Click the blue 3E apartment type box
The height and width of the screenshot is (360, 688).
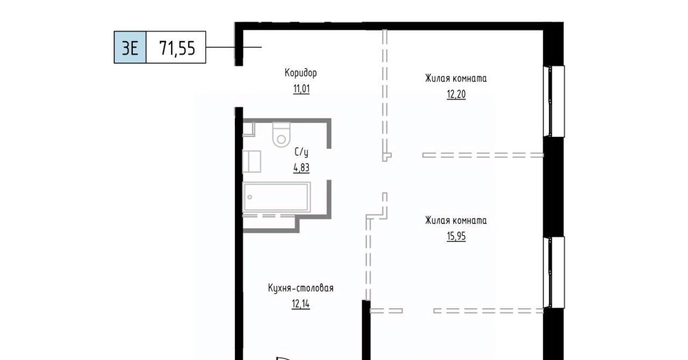[130, 47]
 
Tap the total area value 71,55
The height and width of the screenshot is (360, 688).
[177, 48]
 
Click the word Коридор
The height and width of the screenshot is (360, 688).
[300, 73]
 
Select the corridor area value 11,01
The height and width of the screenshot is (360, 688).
[302, 89]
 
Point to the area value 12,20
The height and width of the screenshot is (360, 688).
[456, 95]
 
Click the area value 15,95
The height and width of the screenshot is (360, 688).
[456, 236]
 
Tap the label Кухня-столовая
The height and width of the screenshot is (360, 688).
[300, 288]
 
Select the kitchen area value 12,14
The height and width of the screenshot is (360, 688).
[300, 304]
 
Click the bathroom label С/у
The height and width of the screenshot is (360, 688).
[302, 153]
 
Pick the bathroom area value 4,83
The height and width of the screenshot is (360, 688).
[302, 168]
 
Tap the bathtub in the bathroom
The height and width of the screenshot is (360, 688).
[276, 197]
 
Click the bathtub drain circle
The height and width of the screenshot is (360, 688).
[250, 197]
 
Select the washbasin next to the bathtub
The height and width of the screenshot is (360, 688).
[252, 161]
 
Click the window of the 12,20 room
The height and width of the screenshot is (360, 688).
[554, 102]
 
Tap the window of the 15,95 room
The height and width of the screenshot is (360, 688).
[554, 272]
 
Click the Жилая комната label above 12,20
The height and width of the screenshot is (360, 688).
[456, 78]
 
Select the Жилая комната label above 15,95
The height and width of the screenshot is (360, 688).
[456, 220]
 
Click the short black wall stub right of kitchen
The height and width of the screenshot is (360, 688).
[366, 330]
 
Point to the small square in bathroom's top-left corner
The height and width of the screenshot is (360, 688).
[249, 129]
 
